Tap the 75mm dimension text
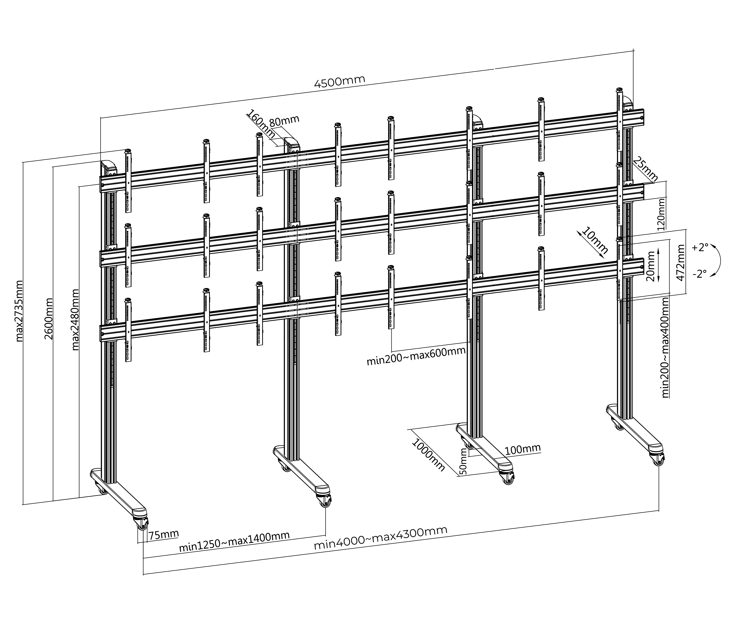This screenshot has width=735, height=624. pyautogui.click(x=163, y=535)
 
